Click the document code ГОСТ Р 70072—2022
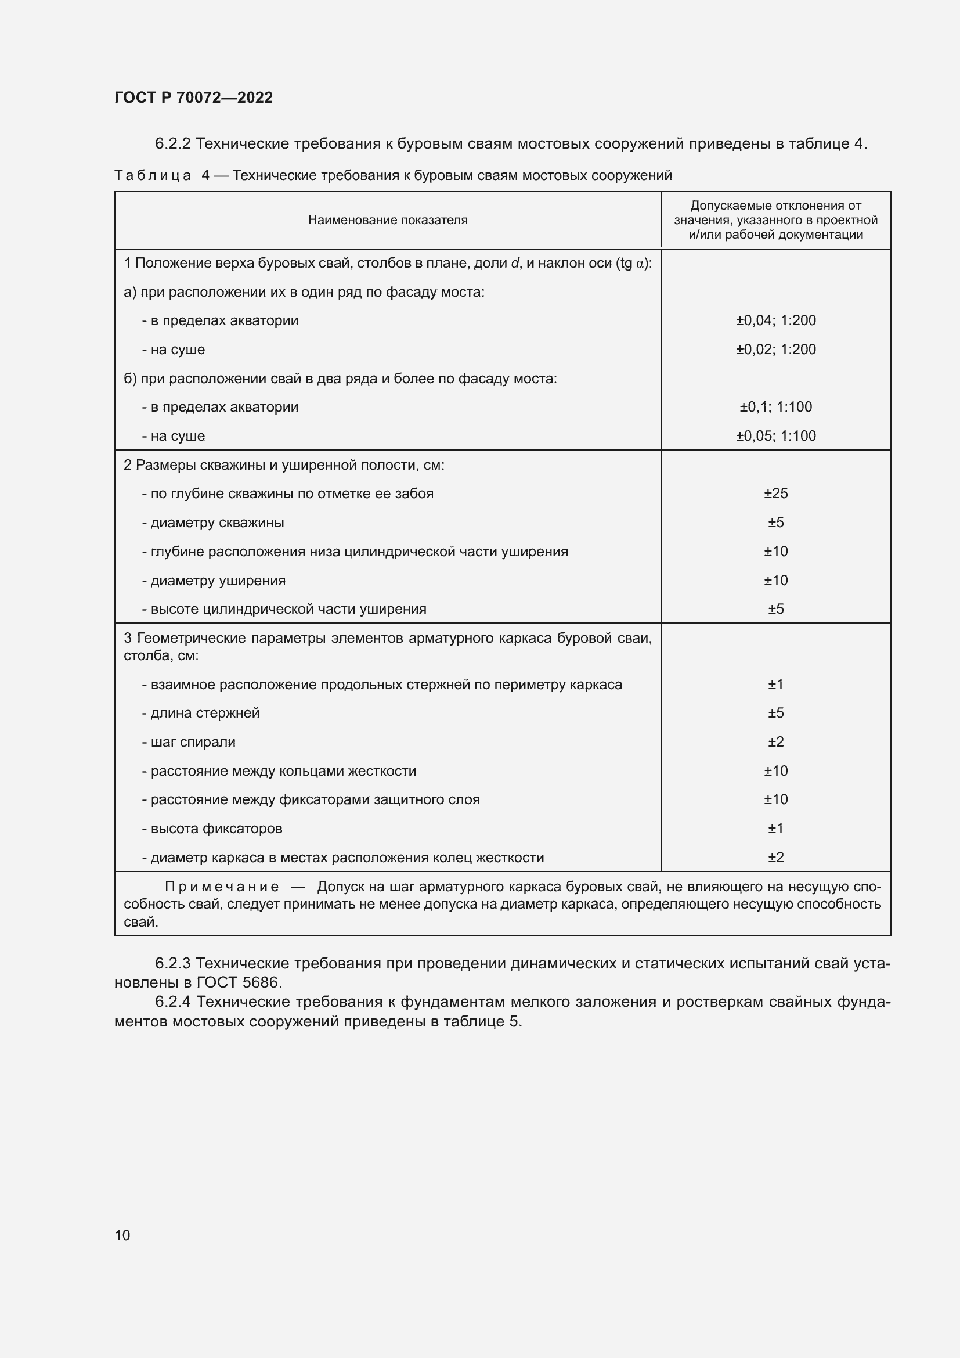tap(193, 98)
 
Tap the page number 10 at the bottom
tap(122, 1235)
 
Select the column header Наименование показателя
tap(388, 220)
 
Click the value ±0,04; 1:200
tap(775, 320)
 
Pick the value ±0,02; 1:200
tap(775, 350)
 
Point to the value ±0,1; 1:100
tap(775, 407)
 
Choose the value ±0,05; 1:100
tap(775, 436)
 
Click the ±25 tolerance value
tap(775, 494)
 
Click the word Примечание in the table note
tap(222, 886)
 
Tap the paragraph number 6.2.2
tap(172, 144)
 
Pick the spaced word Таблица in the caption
tap(153, 176)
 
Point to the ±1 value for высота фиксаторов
tap(775, 828)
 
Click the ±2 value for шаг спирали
tap(775, 741)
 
